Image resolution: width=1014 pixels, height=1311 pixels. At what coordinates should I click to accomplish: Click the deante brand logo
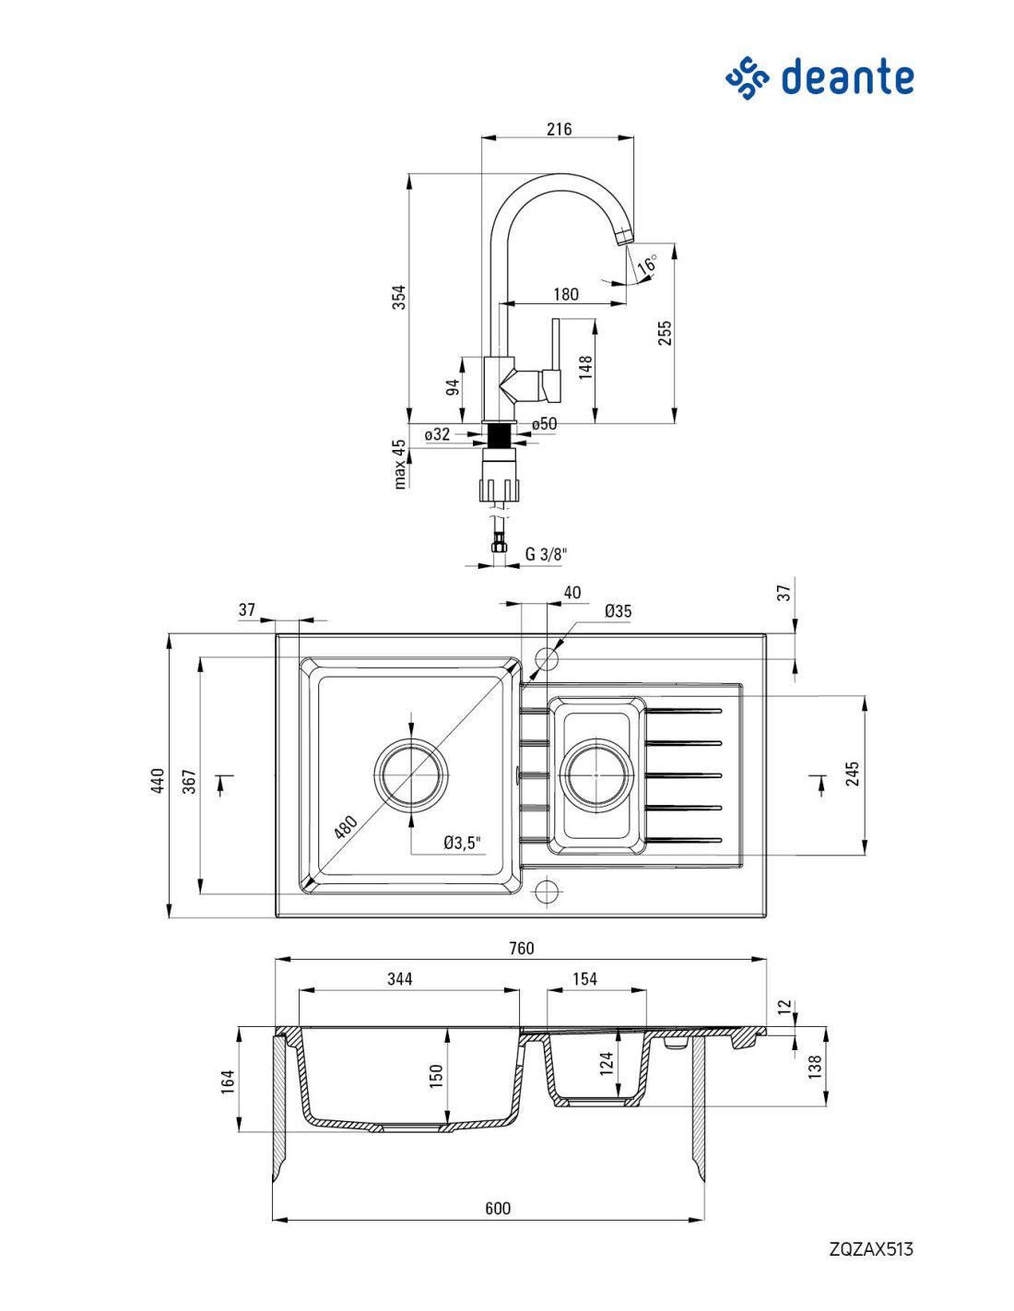pyautogui.click(x=819, y=77)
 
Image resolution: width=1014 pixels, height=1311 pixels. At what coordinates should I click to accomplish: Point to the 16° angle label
pyautogui.click(x=647, y=265)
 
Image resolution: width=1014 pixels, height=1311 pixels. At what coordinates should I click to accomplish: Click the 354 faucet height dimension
pyautogui.click(x=399, y=298)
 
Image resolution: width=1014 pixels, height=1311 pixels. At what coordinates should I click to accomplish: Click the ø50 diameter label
pyautogui.click(x=544, y=424)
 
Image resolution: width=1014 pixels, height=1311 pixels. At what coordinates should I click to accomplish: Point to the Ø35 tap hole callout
pyautogui.click(x=618, y=611)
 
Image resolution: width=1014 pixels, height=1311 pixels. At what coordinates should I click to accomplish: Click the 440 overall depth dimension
pyautogui.click(x=158, y=781)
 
